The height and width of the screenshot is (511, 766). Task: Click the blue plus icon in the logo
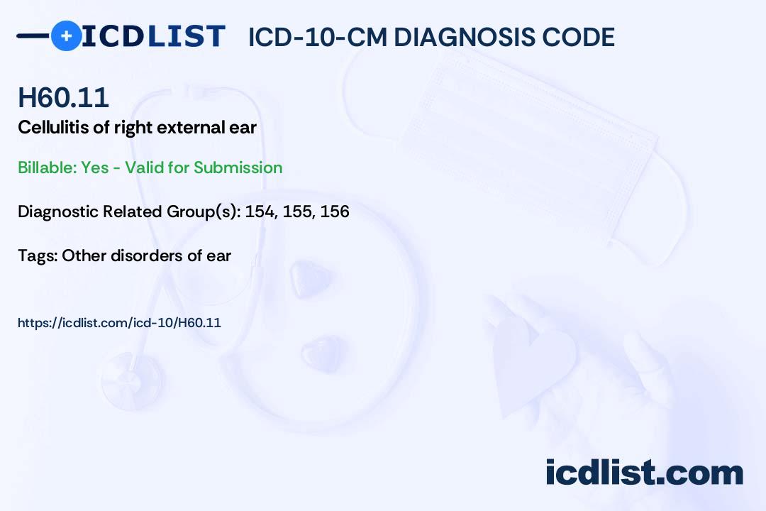point(66,35)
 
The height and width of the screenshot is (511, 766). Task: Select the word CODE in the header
point(570,37)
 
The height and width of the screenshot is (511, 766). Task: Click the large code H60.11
point(63,97)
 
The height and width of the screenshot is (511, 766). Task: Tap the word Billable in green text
point(47,167)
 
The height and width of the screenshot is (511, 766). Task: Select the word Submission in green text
point(238,167)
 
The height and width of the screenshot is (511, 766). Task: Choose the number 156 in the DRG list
point(335,211)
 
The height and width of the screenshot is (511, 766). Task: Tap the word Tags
point(37,255)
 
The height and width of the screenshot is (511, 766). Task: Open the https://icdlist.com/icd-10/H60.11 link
point(119,323)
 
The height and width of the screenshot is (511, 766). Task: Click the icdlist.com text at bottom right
point(644,473)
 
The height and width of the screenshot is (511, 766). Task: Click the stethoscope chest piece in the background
point(132,381)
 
